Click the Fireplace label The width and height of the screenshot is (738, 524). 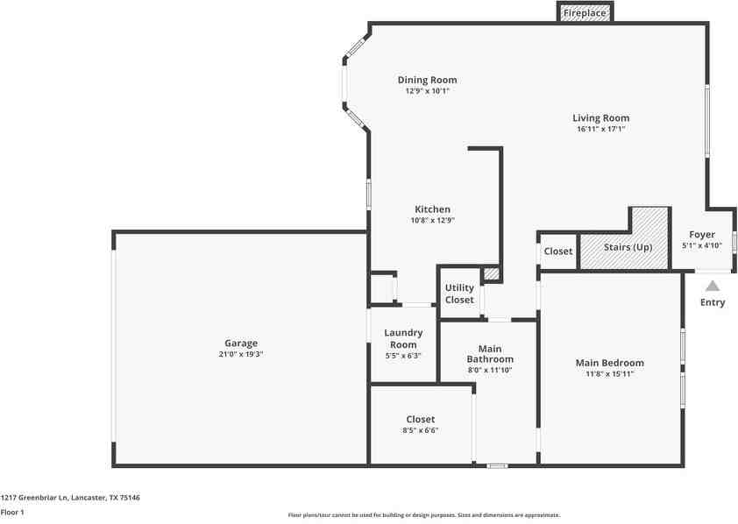[x=585, y=13]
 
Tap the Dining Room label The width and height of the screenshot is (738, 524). [x=428, y=80]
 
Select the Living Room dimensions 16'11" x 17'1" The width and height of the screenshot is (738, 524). [x=601, y=129]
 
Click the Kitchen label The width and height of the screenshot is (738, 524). [x=432, y=209]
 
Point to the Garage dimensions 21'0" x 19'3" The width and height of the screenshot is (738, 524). [x=241, y=354]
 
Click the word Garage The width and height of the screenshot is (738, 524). [x=241, y=343]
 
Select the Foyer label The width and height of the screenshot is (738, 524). [x=702, y=234]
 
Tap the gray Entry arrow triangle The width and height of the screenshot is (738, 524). [x=713, y=286]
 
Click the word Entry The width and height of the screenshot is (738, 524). [x=713, y=302]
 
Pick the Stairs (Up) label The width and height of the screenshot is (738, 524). [x=628, y=247]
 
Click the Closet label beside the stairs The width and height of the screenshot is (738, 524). [x=558, y=251]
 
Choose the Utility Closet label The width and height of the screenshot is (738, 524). [x=459, y=294]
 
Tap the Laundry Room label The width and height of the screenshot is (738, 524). [x=403, y=338]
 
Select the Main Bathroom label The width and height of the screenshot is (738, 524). [x=490, y=354]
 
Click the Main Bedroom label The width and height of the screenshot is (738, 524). [x=610, y=363]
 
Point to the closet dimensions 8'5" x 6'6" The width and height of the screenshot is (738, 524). [x=421, y=430]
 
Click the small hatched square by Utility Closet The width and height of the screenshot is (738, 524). [x=492, y=273]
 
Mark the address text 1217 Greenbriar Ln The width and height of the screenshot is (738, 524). [x=34, y=497]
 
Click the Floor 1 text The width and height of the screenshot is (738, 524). [x=12, y=513]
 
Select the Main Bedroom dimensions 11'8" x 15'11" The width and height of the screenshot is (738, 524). [x=610, y=374]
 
